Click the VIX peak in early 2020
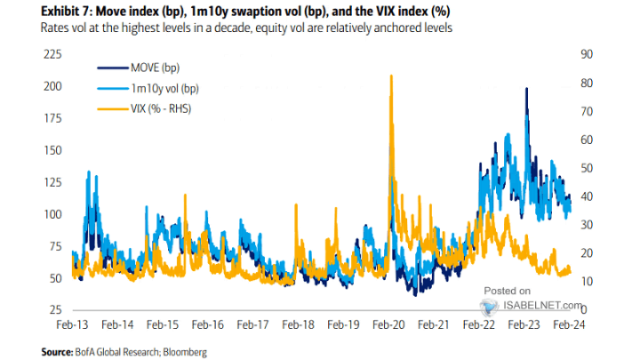pyautogui.click(x=391, y=76)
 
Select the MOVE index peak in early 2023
pyautogui.click(x=527, y=89)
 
